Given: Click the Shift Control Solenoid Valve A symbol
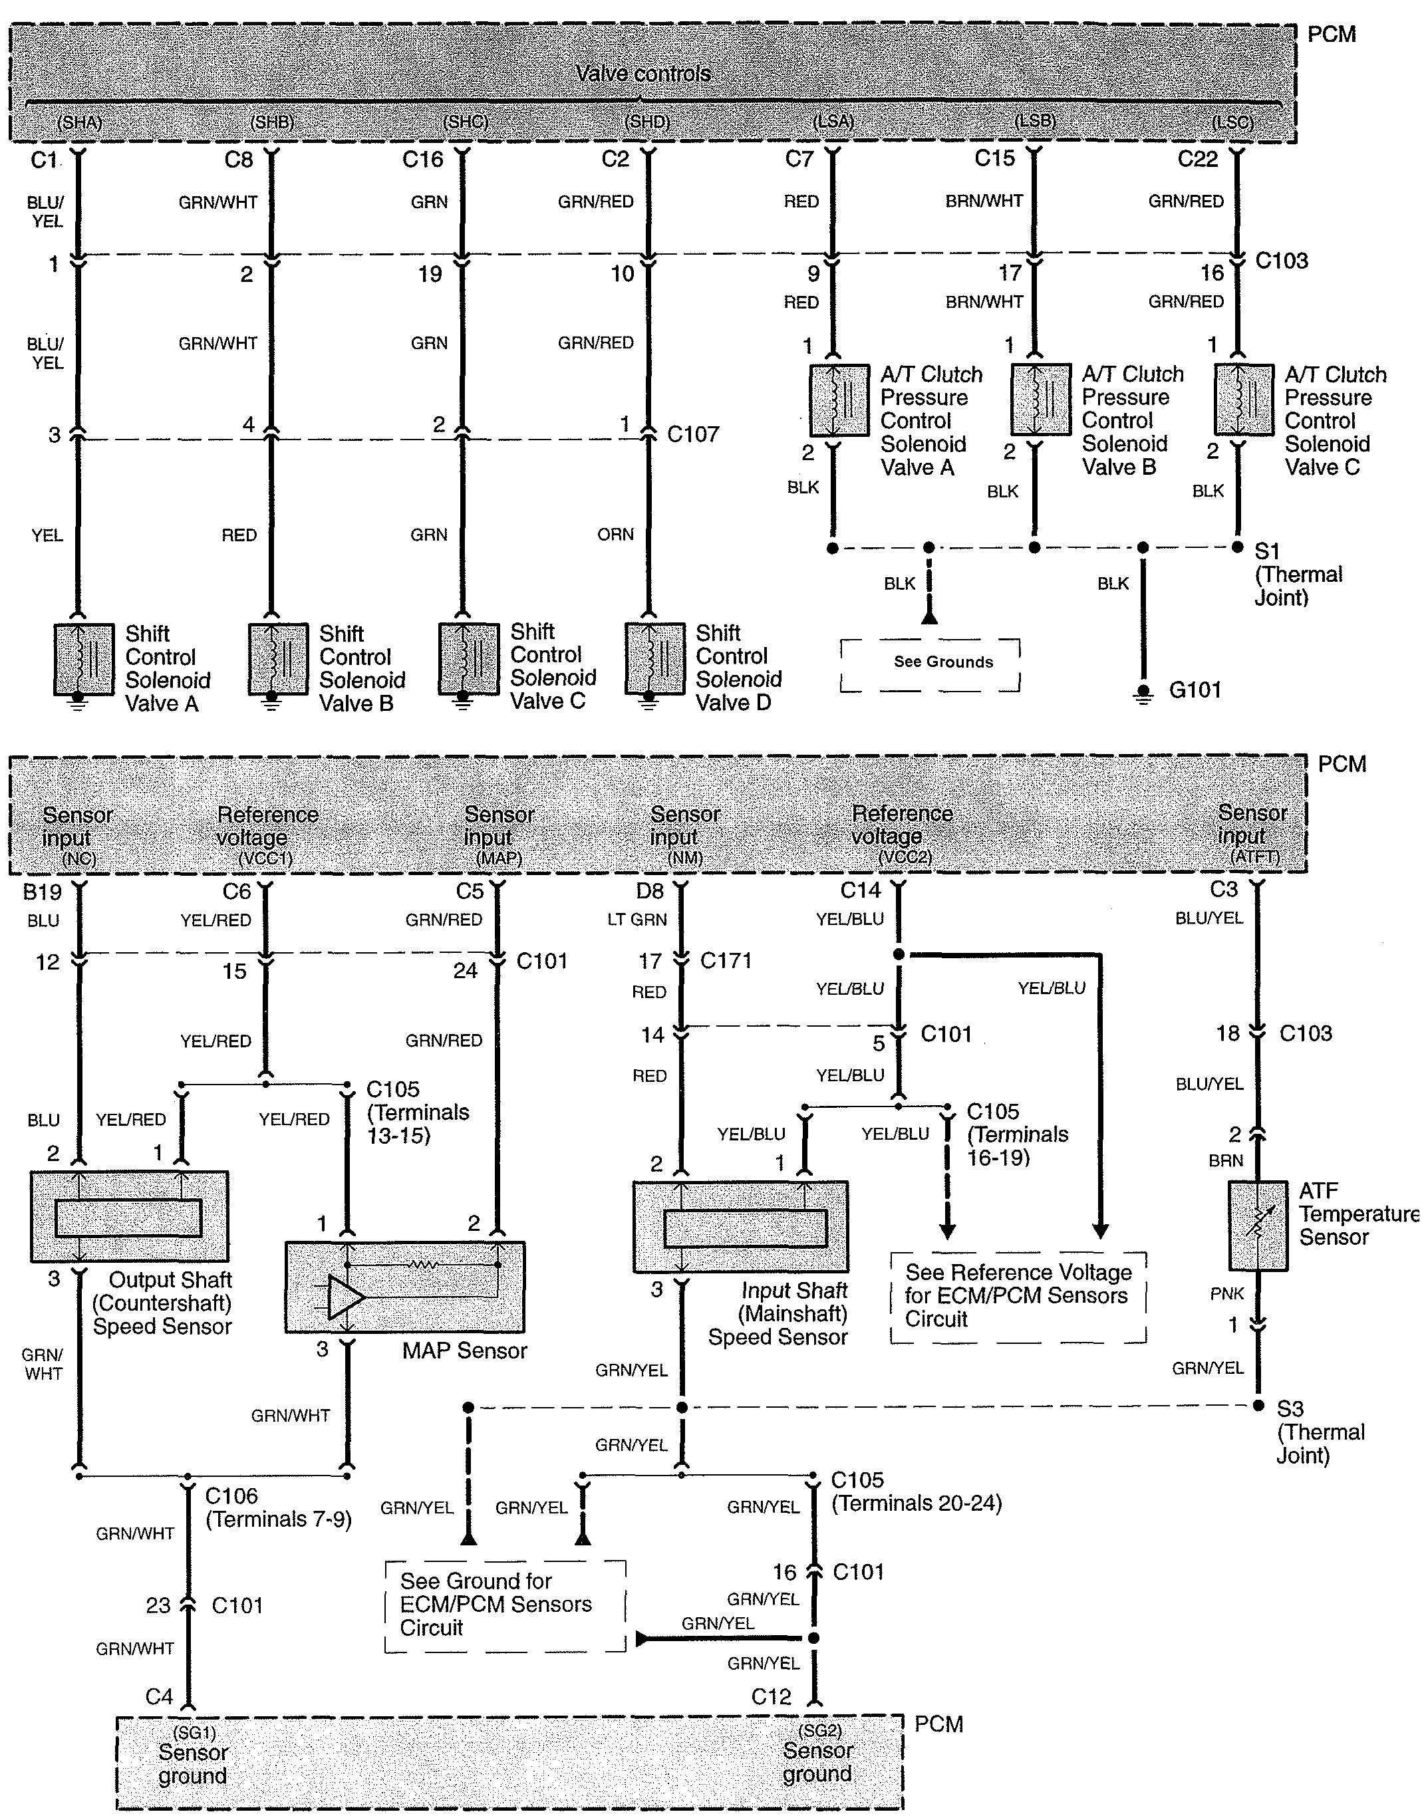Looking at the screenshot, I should pos(84,659).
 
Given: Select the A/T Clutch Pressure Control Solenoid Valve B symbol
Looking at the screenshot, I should pos(1040,399).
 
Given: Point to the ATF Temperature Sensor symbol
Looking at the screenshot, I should pos(1258,1226).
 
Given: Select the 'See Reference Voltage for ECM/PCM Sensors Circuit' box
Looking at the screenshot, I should pos(1018,1296).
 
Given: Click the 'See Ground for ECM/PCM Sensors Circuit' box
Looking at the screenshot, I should pos(504,1605).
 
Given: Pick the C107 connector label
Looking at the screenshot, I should pos(693,434).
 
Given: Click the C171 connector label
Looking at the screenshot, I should pos(726,961).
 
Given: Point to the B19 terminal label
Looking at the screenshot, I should pos(42,892).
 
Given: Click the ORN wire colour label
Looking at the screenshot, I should pos(615,534).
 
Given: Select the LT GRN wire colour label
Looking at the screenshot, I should pos(637,920).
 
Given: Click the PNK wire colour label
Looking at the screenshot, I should pos(1226,1293).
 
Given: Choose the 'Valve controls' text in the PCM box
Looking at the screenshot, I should pos(643,74).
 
